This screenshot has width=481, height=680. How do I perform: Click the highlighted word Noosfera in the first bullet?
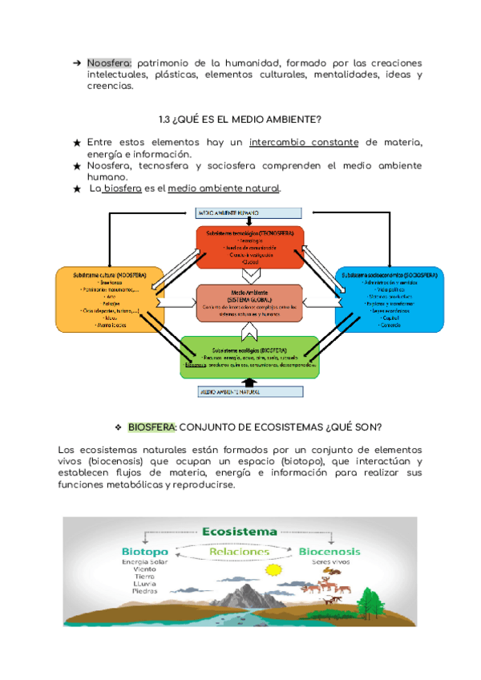[111, 63]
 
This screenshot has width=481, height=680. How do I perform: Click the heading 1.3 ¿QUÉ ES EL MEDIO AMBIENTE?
[240, 120]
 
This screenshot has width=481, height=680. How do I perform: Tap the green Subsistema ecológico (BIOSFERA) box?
[249, 357]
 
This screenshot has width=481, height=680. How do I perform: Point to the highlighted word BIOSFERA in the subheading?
[151, 427]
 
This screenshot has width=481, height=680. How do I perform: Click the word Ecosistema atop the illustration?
[240, 531]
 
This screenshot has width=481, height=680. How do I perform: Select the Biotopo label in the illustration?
[144, 552]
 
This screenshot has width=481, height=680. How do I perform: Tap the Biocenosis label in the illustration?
[329, 552]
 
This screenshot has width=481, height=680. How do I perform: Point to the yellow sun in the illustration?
[276, 571]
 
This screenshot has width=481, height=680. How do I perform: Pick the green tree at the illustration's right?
[371, 598]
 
